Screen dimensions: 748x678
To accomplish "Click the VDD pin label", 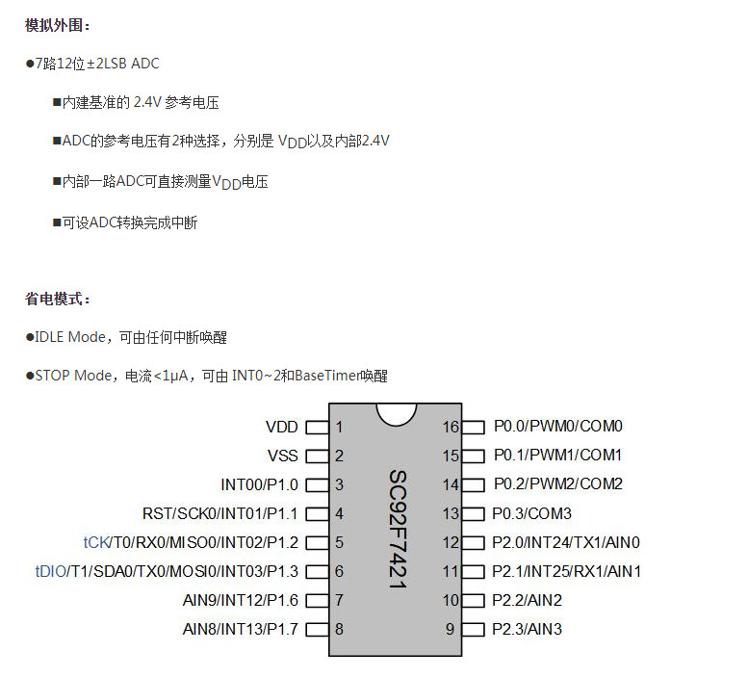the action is click(x=281, y=427).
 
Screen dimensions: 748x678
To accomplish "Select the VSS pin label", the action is click(x=282, y=456).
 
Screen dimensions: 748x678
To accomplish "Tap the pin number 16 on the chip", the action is click(x=451, y=427).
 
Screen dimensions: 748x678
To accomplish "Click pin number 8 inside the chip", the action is click(x=339, y=629).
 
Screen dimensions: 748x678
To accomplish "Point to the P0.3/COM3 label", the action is click(x=531, y=513).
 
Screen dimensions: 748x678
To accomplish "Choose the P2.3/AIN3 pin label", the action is click(x=527, y=629).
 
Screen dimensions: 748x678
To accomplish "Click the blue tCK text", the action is click(x=97, y=542).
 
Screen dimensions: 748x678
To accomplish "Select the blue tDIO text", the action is click(x=51, y=571).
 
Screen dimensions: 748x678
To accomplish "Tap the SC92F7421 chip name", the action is click(x=398, y=529).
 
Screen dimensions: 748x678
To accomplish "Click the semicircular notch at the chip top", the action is click(x=397, y=419).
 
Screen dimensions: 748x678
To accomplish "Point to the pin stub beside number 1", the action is click(x=318, y=427).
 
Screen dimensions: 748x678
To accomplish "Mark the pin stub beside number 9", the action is click(x=473, y=629).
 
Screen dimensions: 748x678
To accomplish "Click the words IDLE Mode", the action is click(x=70, y=337).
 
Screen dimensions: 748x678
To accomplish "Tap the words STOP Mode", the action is click(x=73, y=376).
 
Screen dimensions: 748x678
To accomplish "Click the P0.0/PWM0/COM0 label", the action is click(x=558, y=426).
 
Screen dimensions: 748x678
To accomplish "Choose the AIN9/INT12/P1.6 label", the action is click(x=241, y=600).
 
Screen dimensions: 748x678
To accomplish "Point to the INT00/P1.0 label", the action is click(x=260, y=484).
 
